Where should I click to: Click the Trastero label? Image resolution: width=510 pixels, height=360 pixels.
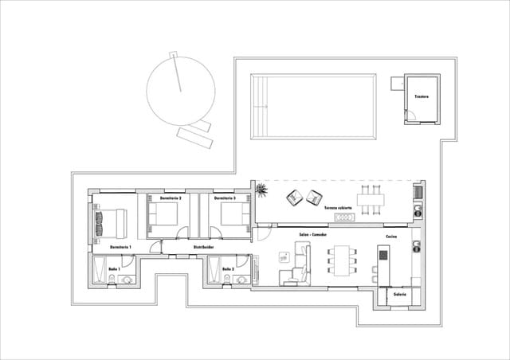tap(422, 97)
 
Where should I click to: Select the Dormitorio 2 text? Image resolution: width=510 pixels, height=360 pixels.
tap(171, 198)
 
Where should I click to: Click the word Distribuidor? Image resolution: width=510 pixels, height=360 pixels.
tap(205, 248)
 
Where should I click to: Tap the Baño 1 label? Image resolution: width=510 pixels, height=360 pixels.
tap(115, 269)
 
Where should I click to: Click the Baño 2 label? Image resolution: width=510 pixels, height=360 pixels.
tap(228, 269)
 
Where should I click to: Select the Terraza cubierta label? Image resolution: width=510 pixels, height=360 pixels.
tap(338, 209)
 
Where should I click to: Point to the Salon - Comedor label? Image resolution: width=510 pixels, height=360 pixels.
tap(314, 236)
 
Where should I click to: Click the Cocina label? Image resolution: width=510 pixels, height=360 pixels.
tap(391, 237)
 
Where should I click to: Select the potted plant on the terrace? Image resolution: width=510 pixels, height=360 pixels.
tap(261, 190)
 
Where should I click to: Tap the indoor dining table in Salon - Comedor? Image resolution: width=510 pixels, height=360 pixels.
tap(344, 260)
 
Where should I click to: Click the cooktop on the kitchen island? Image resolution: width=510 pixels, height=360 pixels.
tap(382, 256)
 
